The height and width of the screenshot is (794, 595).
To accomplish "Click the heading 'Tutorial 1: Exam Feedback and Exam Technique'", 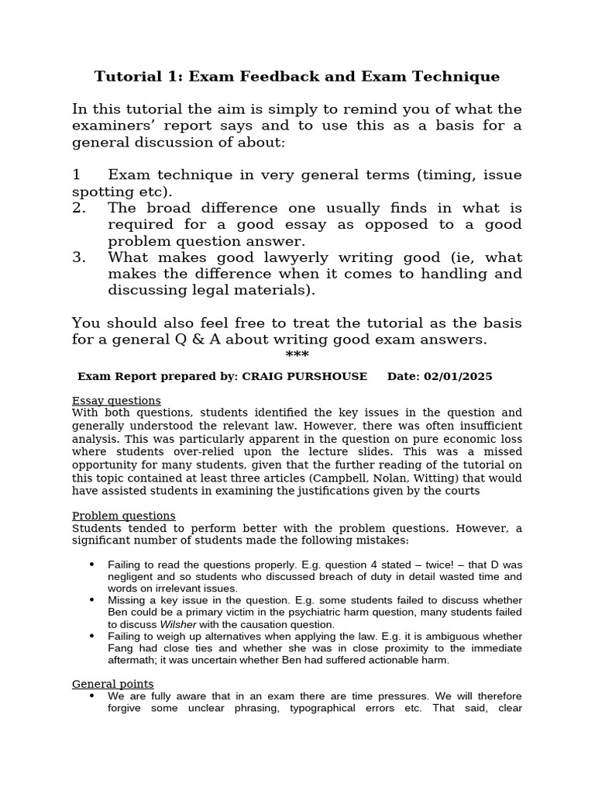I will click(297, 77).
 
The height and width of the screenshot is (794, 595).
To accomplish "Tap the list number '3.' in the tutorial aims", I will click(79, 257).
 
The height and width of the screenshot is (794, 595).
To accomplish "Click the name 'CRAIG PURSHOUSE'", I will click(305, 377).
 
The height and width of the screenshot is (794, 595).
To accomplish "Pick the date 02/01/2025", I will click(457, 377).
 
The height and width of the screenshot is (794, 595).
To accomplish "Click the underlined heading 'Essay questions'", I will click(116, 401).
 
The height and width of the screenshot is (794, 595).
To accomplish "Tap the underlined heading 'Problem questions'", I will click(123, 516).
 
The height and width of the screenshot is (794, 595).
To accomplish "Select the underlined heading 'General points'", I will click(112, 684).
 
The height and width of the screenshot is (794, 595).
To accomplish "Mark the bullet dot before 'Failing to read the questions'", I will click(92, 564).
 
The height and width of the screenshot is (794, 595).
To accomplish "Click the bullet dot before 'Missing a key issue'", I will click(92, 599).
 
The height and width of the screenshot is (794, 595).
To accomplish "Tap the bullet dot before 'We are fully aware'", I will click(92, 696).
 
